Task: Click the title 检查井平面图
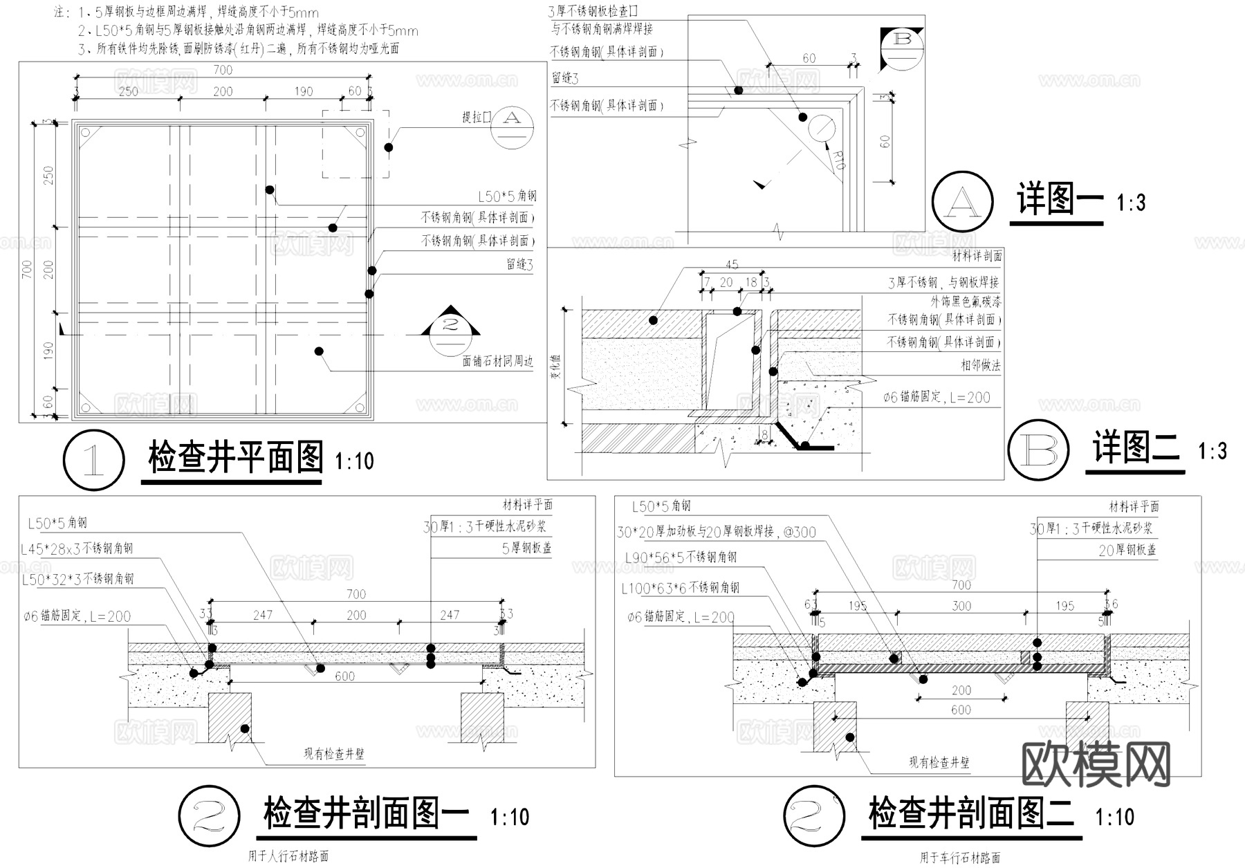click(235, 458)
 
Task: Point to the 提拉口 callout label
click(476, 118)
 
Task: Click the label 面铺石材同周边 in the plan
click(498, 362)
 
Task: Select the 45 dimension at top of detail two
click(732, 264)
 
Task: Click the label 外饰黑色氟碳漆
click(966, 302)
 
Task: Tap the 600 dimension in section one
click(344, 676)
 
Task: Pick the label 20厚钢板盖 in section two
click(1127, 551)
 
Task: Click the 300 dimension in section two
click(961, 606)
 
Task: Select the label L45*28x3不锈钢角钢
click(77, 549)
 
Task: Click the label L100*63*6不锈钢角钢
click(680, 588)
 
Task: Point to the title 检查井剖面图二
click(970, 814)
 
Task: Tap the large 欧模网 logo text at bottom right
click(1096, 765)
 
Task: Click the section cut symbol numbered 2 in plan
click(450, 324)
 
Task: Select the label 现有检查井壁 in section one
click(334, 754)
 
